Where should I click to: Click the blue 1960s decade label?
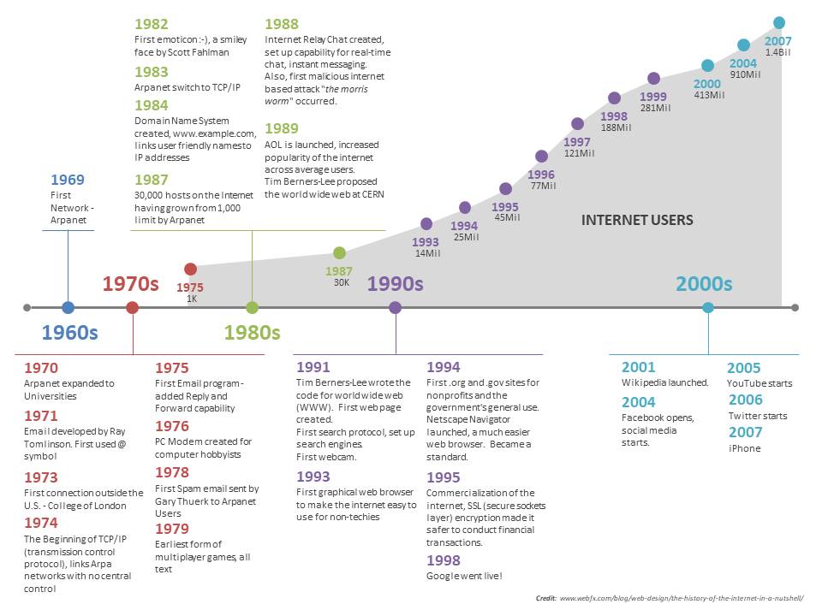click(70, 332)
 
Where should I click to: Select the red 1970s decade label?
click(131, 284)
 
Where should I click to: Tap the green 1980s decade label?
click(253, 332)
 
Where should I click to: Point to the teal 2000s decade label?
click(704, 284)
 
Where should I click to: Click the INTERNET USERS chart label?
click(637, 220)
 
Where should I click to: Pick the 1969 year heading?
click(68, 180)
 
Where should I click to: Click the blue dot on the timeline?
click(68, 307)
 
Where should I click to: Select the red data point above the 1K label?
click(191, 269)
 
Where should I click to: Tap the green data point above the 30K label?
click(339, 252)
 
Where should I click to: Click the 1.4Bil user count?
click(778, 53)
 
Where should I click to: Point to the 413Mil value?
click(709, 96)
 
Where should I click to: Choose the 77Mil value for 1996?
click(543, 186)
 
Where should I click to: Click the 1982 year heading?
click(152, 25)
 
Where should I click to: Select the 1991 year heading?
click(313, 368)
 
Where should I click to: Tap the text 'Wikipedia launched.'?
click(664, 383)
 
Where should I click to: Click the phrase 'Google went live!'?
click(463, 577)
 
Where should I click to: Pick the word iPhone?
click(744, 448)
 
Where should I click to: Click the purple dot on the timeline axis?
click(395, 307)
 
